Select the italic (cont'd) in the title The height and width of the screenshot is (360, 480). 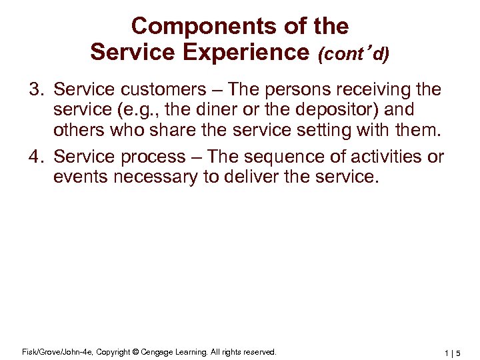click(x=354, y=54)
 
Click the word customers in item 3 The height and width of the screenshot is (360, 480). click(x=153, y=89)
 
